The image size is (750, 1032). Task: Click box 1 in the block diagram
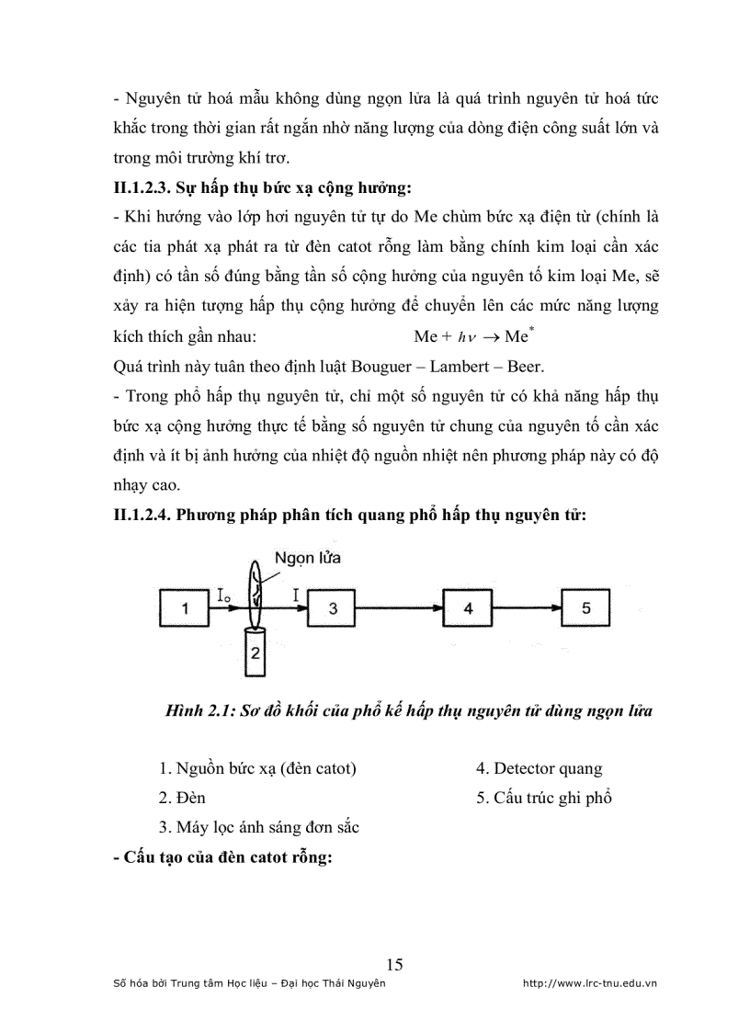(185, 607)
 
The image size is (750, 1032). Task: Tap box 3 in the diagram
(334, 607)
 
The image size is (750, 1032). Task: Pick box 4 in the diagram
(469, 607)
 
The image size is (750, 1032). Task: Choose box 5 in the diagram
(587, 607)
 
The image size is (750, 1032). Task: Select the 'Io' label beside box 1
(224, 597)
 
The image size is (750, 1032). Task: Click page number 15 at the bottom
(394, 964)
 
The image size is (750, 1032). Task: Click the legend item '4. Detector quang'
(539, 768)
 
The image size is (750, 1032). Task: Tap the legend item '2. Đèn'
(181, 798)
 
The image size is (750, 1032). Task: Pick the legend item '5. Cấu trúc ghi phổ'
(544, 798)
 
